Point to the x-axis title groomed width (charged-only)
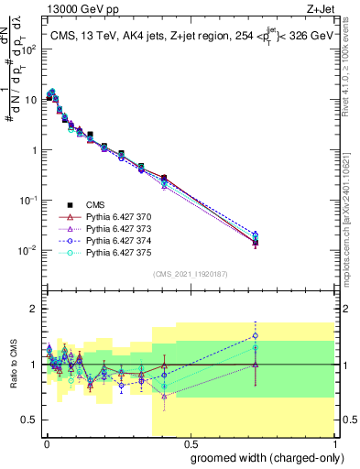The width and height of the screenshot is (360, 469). point(261,457)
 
